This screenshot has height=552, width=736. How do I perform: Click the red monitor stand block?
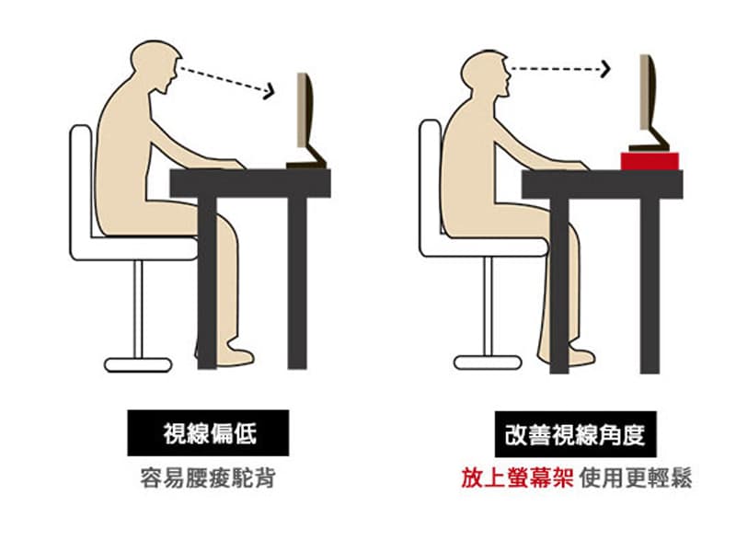(650, 161)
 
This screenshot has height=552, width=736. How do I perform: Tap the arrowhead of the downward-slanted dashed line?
(269, 90)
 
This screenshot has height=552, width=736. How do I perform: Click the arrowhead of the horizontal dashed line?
(605, 69)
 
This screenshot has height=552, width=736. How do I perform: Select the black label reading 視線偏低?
(208, 432)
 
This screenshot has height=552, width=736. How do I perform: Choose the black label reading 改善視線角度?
(576, 434)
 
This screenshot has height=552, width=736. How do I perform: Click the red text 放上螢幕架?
(517, 478)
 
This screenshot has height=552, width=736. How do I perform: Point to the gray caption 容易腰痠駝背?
(208, 478)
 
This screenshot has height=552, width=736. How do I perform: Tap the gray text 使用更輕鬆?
(636, 478)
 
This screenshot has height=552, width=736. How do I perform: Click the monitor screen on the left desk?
(305, 110)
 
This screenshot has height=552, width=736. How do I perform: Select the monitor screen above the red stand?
(648, 93)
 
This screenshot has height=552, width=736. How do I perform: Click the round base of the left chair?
(138, 364)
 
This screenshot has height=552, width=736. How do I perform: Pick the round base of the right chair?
(489, 362)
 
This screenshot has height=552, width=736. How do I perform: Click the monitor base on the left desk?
(306, 164)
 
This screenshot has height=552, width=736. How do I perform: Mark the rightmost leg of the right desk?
(650, 285)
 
